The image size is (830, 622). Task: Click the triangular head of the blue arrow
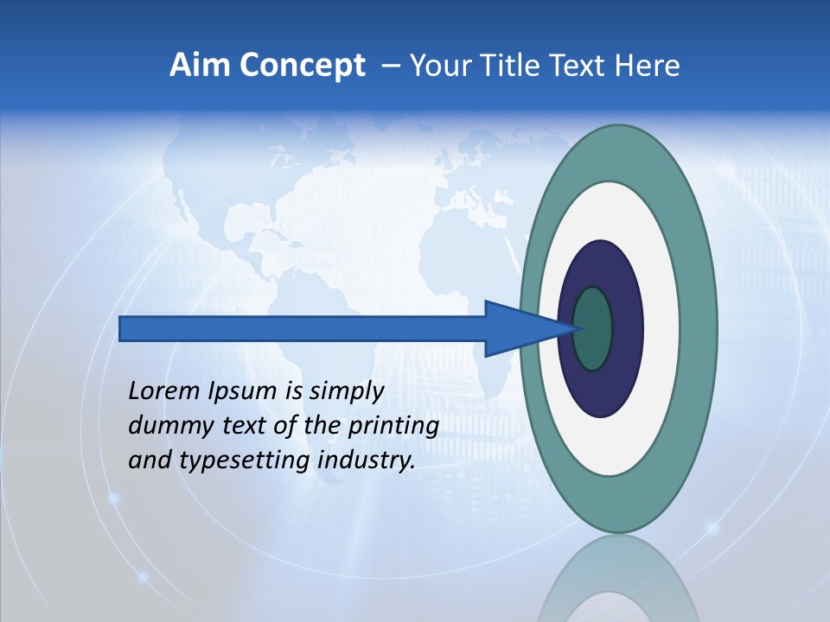(x=519, y=328)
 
